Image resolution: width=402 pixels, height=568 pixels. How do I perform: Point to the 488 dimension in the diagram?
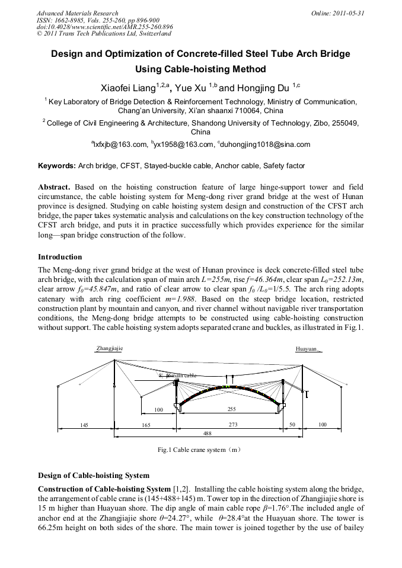pyautogui.click(x=207, y=434)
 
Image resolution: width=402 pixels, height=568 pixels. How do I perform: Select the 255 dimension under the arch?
pyautogui.click(x=232, y=409)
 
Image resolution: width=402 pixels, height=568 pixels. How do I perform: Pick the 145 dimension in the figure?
pyautogui.click(x=85, y=425)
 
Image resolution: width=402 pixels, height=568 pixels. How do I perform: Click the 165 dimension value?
pyautogui.click(x=146, y=425)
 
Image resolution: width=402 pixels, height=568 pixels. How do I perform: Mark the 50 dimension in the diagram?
pyautogui.click(x=292, y=425)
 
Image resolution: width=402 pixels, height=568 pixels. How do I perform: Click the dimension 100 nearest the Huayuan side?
pyautogui.click(x=322, y=425)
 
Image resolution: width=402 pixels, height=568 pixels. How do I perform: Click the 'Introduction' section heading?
pyautogui.click(x=60, y=257)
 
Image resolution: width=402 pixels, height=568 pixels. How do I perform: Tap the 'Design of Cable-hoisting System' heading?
pyautogui.click(x=94, y=475)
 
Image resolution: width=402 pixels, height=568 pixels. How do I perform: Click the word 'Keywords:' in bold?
pyautogui.click(x=57, y=165)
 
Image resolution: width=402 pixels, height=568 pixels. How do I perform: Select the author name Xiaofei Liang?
pyautogui.click(x=128, y=88)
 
